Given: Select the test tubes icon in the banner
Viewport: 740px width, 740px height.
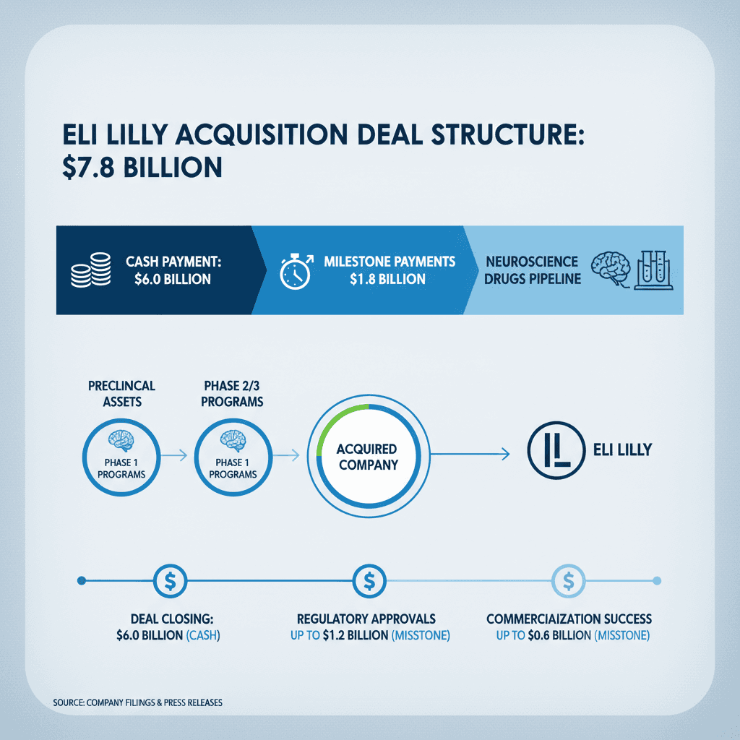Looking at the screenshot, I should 653,270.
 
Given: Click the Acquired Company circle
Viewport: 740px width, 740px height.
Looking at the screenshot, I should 367,456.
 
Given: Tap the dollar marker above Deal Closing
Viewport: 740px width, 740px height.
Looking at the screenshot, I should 171,580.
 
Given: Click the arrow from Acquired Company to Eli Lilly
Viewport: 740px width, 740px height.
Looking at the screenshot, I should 467,455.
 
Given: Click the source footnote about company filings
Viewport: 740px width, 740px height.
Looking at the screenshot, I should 137,702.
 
